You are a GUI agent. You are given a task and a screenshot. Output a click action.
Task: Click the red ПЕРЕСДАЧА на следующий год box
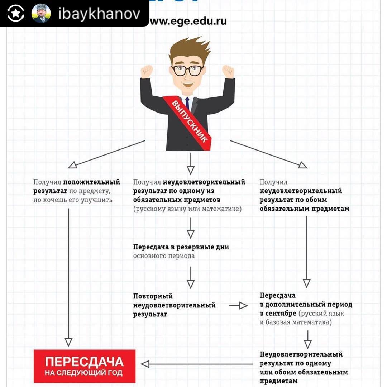85,366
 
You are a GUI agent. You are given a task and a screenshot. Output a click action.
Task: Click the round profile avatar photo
41,13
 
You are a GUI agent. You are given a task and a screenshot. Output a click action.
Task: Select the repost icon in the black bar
15,13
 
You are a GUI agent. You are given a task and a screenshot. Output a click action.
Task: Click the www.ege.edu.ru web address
188,21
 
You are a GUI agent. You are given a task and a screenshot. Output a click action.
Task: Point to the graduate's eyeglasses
187,70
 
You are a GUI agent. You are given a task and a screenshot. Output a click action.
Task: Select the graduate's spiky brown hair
187,50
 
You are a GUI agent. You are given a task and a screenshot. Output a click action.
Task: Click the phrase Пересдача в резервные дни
181,247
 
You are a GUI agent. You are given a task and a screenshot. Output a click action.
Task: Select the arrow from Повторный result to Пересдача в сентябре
238,306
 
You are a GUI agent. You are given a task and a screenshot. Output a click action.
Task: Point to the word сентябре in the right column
278,314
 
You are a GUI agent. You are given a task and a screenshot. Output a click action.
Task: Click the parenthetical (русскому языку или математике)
187,209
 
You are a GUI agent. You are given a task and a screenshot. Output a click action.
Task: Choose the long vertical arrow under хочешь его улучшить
68,276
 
